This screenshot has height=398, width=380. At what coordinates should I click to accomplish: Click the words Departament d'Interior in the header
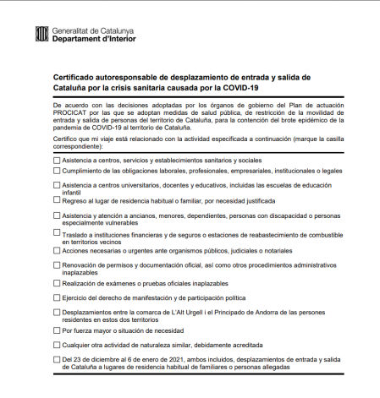pyautogui.click(x=92, y=38)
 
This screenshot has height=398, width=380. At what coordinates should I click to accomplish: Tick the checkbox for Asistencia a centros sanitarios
pyautogui.click(x=57, y=159)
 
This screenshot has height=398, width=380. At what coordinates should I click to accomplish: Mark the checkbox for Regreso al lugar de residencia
pyautogui.click(x=57, y=201)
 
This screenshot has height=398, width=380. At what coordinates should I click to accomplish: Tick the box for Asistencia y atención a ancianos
pyautogui.click(x=57, y=215)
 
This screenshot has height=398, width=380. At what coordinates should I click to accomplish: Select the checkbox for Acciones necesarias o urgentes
pyautogui.click(x=57, y=249)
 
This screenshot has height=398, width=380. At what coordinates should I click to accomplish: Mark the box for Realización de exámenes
pyautogui.click(x=57, y=283)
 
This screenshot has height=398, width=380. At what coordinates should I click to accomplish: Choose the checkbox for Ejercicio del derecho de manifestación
pyautogui.click(x=57, y=297)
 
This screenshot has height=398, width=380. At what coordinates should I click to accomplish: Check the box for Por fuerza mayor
pyautogui.click(x=57, y=330)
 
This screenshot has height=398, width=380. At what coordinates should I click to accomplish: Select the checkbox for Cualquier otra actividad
pyautogui.click(x=57, y=345)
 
